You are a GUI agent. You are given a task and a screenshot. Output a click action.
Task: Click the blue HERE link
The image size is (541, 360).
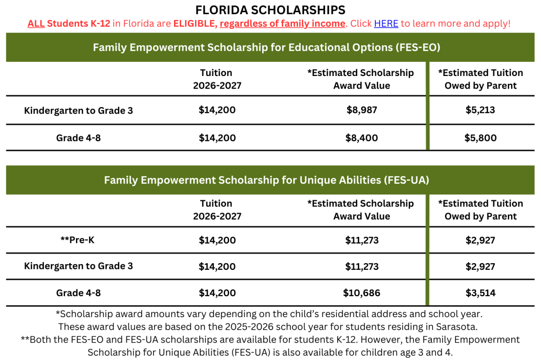386,23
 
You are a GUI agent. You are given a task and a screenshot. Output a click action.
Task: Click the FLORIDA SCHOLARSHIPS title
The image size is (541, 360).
270,10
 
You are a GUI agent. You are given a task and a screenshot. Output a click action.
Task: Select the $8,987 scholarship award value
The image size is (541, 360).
362,110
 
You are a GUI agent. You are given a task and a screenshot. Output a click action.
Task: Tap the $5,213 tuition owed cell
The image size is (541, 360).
480,110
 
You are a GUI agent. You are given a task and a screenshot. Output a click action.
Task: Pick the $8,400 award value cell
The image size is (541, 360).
362,138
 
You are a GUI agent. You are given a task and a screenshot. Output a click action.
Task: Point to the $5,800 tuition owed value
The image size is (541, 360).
480,138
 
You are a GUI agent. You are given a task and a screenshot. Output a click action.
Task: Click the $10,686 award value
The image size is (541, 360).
362,293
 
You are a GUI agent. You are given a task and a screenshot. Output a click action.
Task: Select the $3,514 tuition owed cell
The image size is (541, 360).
480,293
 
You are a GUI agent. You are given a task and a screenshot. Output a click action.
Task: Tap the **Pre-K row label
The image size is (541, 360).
77,240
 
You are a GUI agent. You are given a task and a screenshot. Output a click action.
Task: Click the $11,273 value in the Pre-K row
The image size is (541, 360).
362,240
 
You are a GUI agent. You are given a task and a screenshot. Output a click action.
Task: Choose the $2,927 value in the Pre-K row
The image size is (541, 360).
480,240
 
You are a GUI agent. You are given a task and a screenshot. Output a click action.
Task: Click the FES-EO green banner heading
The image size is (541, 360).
267,48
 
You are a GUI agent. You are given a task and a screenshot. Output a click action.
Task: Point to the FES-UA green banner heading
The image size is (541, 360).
267,180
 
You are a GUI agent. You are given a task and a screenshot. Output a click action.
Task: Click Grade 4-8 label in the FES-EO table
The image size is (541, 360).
78,138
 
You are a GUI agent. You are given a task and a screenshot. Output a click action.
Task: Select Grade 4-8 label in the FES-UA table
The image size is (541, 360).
78,293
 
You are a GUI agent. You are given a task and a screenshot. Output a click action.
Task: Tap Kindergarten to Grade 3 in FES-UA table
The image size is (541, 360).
78,266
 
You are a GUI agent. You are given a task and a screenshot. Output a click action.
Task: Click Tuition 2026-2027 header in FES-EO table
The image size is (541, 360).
216,79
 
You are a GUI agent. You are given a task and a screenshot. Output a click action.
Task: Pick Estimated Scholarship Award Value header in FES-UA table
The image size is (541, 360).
361,209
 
